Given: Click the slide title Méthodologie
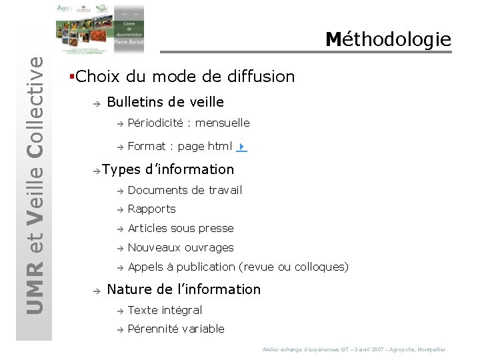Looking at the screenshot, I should [388, 39].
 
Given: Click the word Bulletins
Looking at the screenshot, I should [136, 102].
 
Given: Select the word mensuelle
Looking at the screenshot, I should [222, 123].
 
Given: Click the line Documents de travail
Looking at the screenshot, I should [185, 190].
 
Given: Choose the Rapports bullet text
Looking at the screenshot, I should [151, 209].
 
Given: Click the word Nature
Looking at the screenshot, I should [129, 289].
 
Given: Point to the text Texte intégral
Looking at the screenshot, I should [165, 310].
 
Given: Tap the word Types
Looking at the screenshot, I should [121, 169].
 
